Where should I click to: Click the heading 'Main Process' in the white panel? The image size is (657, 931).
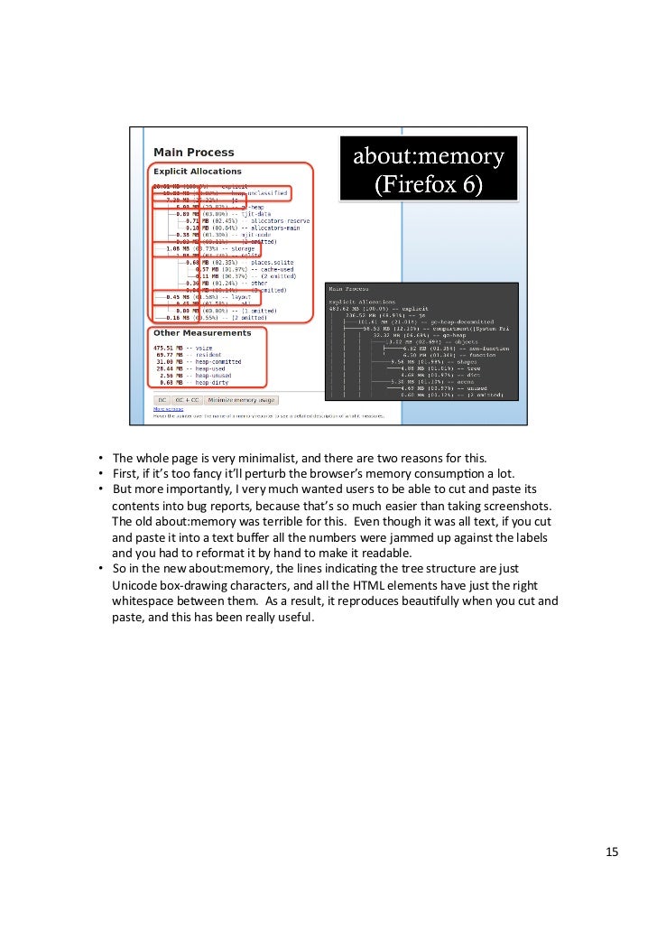pyautogui.click(x=193, y=153)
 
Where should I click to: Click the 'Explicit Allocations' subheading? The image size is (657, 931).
pyautogui.click(x=198, y=171)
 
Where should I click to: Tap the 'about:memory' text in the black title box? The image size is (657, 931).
pyautogui.click(x=428, y=157)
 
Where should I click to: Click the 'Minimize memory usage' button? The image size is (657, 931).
pyautogui.click(x=241, y=399)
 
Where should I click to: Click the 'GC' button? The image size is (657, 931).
pyautogui.click(x=162, y=399)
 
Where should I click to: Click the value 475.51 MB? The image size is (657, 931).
pyautogui.click(x=171, y=347)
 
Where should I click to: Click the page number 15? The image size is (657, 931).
pyautogui.click(x=611, y=852)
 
